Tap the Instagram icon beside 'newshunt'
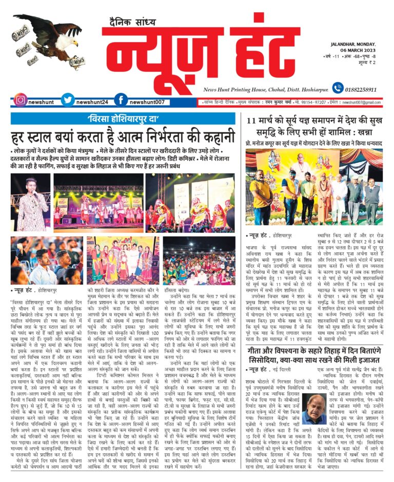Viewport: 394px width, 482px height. (20, 100)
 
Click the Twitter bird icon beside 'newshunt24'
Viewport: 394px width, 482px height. (68, 100)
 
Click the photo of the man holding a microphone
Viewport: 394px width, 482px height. (30, 202)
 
